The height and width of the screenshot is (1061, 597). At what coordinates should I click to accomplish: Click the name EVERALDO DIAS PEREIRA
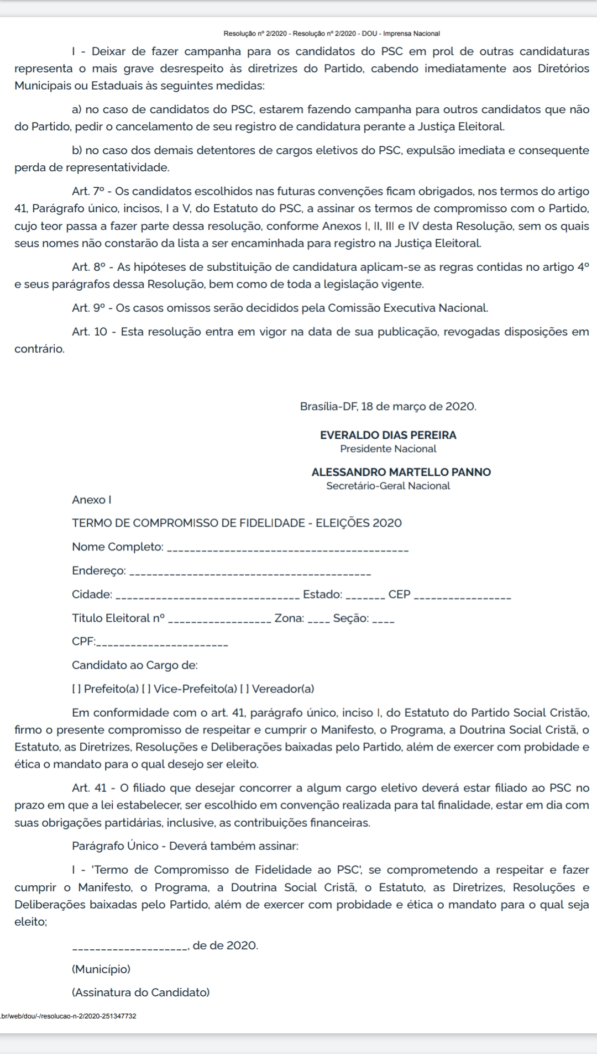(x=388, y=435)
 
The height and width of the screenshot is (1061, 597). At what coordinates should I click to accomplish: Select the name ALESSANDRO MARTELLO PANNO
(x=401, y=472)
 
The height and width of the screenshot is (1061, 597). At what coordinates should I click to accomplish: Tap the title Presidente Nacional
(x=388, y=449)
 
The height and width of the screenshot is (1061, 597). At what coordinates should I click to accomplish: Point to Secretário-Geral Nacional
(x=388, y=486)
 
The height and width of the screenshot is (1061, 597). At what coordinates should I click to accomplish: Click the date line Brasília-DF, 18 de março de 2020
(x=388, y=406)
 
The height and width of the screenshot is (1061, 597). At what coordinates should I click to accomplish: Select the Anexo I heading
(x=92, y=500)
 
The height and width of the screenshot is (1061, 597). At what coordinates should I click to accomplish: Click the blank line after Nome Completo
(x=287, y=549)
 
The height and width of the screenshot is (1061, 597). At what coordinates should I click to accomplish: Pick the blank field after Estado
(x=365, y=597)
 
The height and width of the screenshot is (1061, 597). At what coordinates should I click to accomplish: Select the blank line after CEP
(x=463, y=597)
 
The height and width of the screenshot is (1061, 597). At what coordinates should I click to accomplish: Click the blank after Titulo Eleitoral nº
(x=219, y=621)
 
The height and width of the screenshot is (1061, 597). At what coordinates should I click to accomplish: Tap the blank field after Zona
(x=318, y=621)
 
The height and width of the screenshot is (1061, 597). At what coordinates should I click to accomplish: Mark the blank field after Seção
(x=384, y=621)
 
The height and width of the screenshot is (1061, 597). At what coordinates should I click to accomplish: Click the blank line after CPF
(x=162, y=644)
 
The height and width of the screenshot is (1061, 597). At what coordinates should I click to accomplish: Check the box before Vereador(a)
(x=243, y=689)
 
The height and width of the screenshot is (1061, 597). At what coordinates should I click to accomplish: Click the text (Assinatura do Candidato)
(x=141, y=992)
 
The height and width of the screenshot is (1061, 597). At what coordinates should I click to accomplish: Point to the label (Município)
(x=101, y=969)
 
